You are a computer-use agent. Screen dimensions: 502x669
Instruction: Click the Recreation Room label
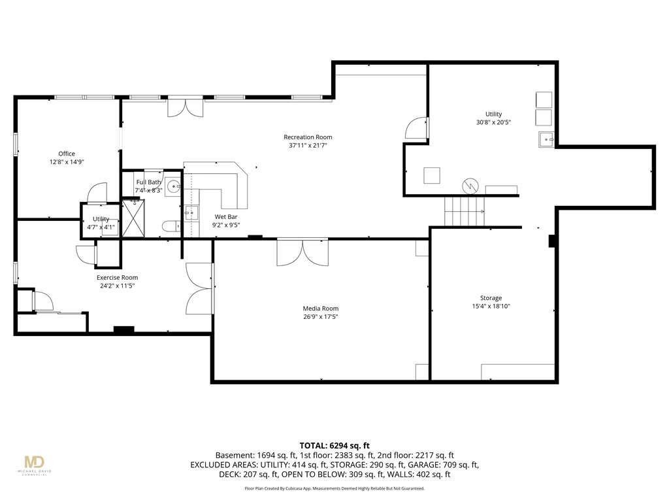[308, 137]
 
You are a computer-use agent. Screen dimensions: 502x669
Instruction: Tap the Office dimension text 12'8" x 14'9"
[67, 161]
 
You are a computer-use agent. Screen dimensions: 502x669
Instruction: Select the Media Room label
[320, 309]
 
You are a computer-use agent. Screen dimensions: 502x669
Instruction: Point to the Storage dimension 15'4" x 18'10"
[491, 306]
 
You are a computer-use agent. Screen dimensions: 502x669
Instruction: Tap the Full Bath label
[148, 182]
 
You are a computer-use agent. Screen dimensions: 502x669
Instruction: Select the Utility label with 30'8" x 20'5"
[493, 114]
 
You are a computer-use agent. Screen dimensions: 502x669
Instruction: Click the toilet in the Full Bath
[171, 227]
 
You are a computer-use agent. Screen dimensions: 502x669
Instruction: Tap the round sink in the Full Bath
[173, 186]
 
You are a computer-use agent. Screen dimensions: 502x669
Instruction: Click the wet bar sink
[191, 212]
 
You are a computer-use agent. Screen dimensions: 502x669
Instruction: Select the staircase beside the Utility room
[465, 210]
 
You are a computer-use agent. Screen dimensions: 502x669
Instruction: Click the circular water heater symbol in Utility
[470, 186]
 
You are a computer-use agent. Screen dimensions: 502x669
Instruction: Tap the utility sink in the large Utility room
[546, 139]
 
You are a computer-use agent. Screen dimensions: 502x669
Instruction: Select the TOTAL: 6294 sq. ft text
[334, 445]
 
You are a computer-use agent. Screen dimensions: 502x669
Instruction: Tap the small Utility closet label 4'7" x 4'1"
[101, 224]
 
